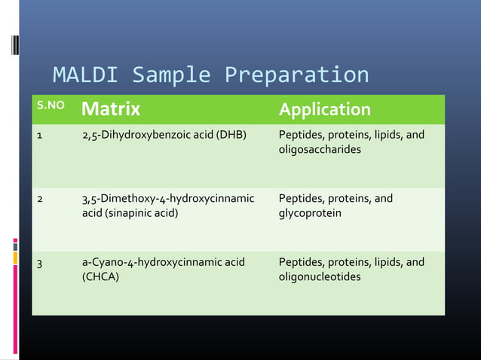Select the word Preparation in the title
(x=296, y=76)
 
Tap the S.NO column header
(x=51, y=106)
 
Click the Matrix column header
(x=111, y=110)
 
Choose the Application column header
(x=324, y=110)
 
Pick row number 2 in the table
(x=39, y=200)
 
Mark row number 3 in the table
(x=39, y=264)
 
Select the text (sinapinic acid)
(x=130, y=214)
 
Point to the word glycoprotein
(x=310, y=214)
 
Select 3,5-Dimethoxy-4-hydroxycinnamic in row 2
(x=167, y=200)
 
